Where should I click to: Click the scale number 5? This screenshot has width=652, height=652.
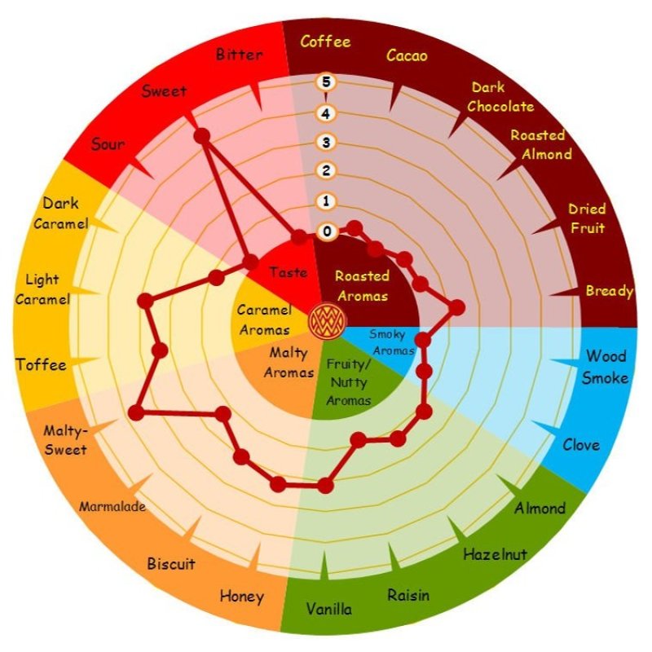326,82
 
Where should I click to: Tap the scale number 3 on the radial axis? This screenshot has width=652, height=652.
326,142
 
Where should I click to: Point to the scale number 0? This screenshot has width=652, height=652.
327,231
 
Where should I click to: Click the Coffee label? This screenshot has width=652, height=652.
325,42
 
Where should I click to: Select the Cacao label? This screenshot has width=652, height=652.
407,55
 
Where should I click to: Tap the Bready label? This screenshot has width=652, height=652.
609,291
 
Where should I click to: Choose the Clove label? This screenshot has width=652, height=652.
581,445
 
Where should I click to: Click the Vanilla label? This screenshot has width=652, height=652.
329,609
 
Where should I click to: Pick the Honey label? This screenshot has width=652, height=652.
241,597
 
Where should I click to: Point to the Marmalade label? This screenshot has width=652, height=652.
112,506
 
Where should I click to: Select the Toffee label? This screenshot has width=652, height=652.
42,364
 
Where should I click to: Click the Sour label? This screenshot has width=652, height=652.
108,144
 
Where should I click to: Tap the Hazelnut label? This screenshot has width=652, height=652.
496,554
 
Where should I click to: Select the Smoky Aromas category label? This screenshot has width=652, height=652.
392,342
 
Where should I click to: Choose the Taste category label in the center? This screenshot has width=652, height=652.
289,272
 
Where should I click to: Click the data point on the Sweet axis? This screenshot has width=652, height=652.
201,136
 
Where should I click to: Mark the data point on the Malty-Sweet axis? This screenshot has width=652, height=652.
136,413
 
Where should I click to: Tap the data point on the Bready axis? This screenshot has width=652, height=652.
457,308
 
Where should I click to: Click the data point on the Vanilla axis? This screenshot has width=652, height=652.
325,485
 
